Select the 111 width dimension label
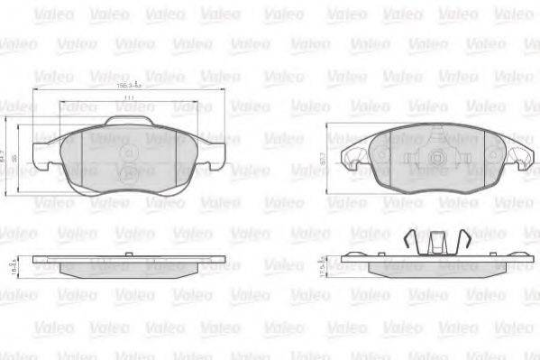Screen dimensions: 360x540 pyautogui.click(x=129, y=97)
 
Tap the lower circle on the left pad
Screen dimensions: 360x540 pyautogui.click(x=129, y=175)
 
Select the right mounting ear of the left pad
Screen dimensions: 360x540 pyautogui.click(x=213, y=144)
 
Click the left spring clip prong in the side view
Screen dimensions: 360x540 pyautogui.click(x=410, y=241)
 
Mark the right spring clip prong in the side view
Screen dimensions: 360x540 pyautogui.click(x=465, y=241)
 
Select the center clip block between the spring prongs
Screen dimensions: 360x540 pyautogui.click(x=438, y=243)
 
